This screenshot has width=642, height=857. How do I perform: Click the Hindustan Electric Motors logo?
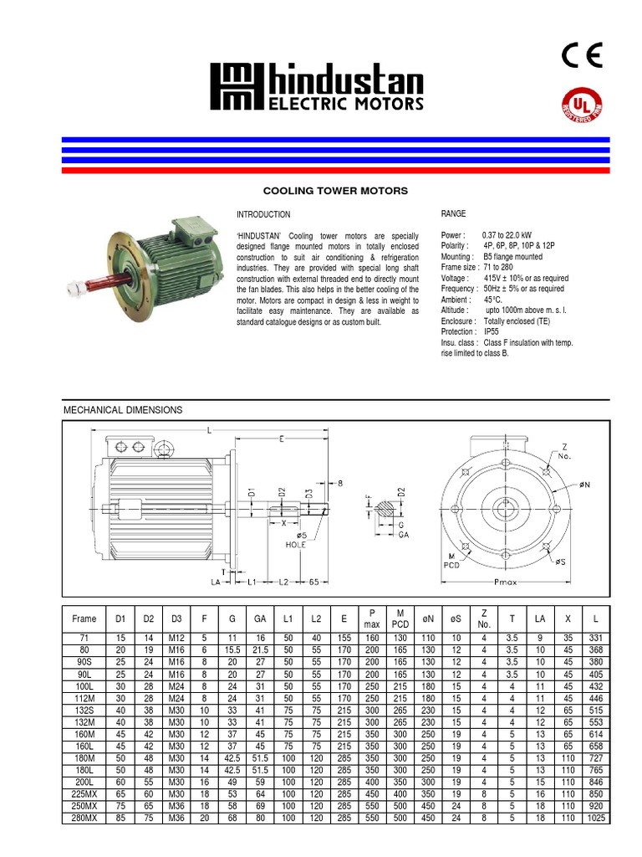pyautogui.click(x=317, y=88)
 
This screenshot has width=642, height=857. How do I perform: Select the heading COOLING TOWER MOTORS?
pyautogui.click(x=336, y=191)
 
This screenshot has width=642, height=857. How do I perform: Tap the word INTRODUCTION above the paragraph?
pyautogui.click(x=263, y=215)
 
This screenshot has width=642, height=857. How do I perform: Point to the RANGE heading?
pyautogui.click(x=454, y=215)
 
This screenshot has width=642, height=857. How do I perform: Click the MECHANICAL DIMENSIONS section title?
pyautogui.click(x=123, y=410)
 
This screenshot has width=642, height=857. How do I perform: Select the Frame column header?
pyautogui.click(x=84, y=619)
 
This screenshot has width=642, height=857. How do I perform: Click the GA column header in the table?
pyautogui.click(x=260, y=619)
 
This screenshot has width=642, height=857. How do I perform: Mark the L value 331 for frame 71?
pyautogui.click(x=595, y=638)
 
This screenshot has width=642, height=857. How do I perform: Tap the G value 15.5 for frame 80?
pyautogui.click(x=232, y=649)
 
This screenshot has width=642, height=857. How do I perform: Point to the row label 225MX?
pyautogui.click(x=84, y=793)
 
